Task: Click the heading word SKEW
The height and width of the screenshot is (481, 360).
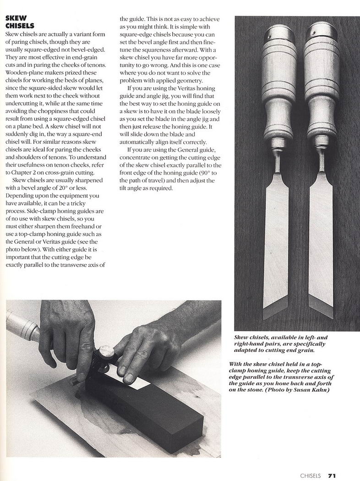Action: pos(16,18)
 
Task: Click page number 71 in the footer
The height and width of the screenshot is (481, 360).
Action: pos(332,476)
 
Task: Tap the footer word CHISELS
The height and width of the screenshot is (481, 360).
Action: pos(311,476)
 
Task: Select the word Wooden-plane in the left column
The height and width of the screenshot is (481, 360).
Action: pos(22,73)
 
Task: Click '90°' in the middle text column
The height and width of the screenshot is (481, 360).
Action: pos(205,173)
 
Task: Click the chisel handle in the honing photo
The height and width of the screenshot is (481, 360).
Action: pos(23,325)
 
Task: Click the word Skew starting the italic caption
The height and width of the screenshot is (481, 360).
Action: pos(241,338)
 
